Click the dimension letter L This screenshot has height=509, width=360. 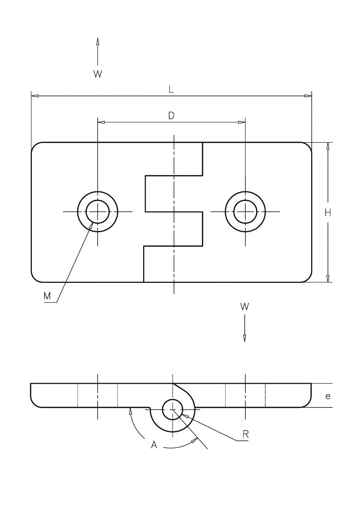point(171,89)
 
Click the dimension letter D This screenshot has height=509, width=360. point(171,115)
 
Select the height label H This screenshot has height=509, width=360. point(328,213)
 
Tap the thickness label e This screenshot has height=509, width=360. point(328,396)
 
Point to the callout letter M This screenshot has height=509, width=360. point(47,296)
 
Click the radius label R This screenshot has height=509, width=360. point(246,434)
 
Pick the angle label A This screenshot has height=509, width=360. point(154,445)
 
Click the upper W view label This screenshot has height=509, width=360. point(98,74)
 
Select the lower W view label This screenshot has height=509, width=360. point(245,306)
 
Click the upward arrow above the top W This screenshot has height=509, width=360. point(98,51)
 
